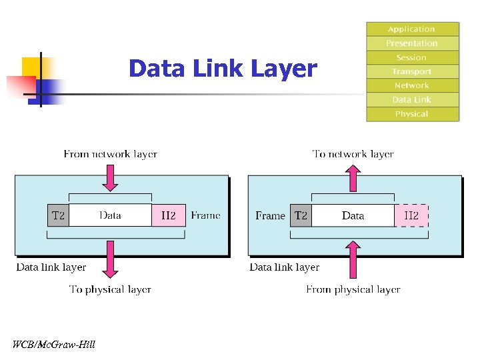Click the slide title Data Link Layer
223,69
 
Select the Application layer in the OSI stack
412,29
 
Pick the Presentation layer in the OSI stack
412,43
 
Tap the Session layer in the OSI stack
412,57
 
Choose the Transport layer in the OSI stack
412,71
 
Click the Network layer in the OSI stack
412,85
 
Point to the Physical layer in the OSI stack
412,114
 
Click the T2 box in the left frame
58,215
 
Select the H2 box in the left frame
168,215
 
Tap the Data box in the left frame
110,215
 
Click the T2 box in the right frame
301,215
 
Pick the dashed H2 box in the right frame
411,215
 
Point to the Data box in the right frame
353,215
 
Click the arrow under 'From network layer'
111,177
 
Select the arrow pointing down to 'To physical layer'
111,259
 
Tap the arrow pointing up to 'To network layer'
353,177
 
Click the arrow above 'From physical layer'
353,260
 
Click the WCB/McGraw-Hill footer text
54,345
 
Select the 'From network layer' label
111,154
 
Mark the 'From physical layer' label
353,289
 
